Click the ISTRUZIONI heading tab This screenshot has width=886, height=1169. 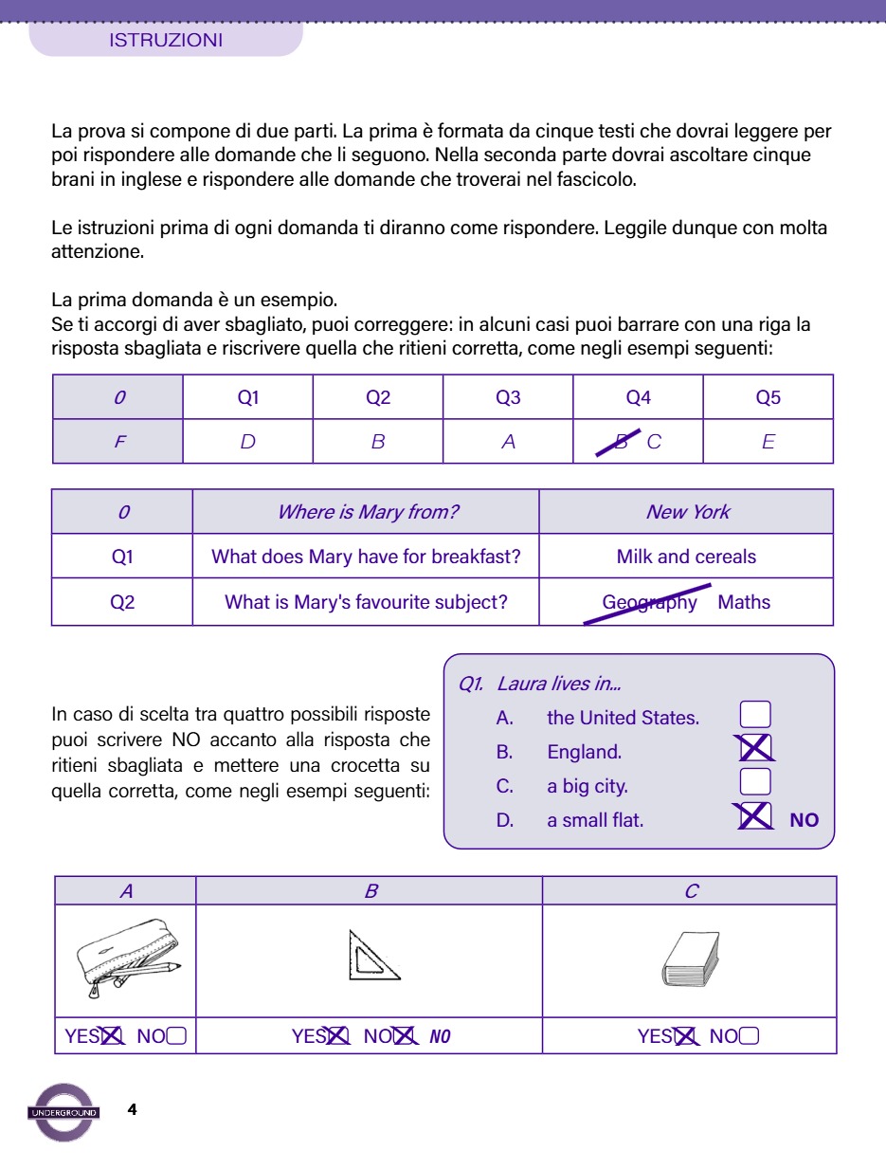166,41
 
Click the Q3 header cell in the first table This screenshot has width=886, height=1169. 508,397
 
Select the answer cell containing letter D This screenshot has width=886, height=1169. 247,442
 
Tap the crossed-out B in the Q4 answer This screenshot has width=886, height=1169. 622,442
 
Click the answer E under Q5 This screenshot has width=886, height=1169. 768,442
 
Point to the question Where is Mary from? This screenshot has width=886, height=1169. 367,512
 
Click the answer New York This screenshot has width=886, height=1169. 687,512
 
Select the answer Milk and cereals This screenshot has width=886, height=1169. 686,557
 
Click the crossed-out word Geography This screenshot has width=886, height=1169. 649,602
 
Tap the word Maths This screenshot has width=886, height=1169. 744,602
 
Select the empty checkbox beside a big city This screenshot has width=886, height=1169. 755,782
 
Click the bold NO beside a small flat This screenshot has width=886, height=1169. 804,820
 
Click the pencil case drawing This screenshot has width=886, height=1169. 127,959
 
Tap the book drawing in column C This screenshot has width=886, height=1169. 692,959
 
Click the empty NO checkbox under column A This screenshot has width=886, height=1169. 176,1036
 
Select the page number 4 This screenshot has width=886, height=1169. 132,1109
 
